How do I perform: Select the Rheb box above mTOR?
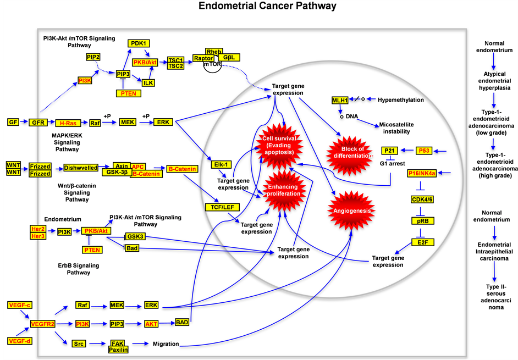(x=214, y=51)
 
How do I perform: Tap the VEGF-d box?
(x=19, y=341)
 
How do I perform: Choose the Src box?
(x=78, y=344)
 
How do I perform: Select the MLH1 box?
(x=339, y=100)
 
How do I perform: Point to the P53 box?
(x=424, y=150)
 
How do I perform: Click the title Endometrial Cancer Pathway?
(x=258, y=7)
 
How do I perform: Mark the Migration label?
(x=167, y=344)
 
